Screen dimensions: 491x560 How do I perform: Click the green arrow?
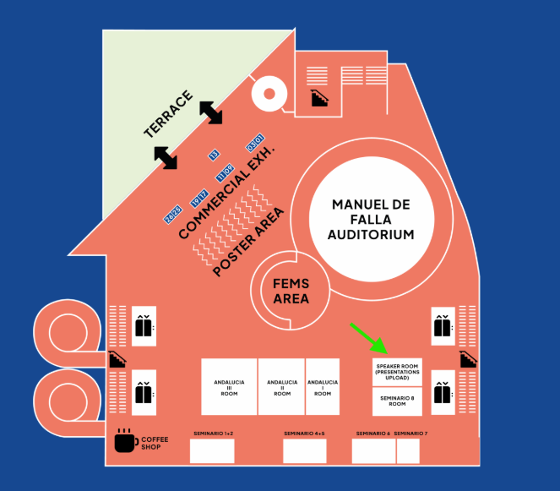tap(368, 337)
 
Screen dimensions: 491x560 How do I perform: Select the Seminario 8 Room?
tap(397, 401)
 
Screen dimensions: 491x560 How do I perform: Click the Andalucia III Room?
tap(229, 386)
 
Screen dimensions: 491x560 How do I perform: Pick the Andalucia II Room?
tap(282, 386)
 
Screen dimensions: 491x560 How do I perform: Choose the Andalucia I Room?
tap(322, 386)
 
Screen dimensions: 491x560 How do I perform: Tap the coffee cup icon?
tap(125, 440)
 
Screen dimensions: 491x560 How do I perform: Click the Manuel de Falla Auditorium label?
tap(371, 220)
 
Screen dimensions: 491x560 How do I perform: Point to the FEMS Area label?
tap(291, 291)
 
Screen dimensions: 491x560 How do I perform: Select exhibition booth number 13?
tap(214, 155)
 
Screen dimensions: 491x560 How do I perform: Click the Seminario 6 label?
tap(372, 434)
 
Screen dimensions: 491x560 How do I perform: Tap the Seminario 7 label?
tap(410, 434)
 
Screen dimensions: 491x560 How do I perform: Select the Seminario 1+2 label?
tap(212, 434)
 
